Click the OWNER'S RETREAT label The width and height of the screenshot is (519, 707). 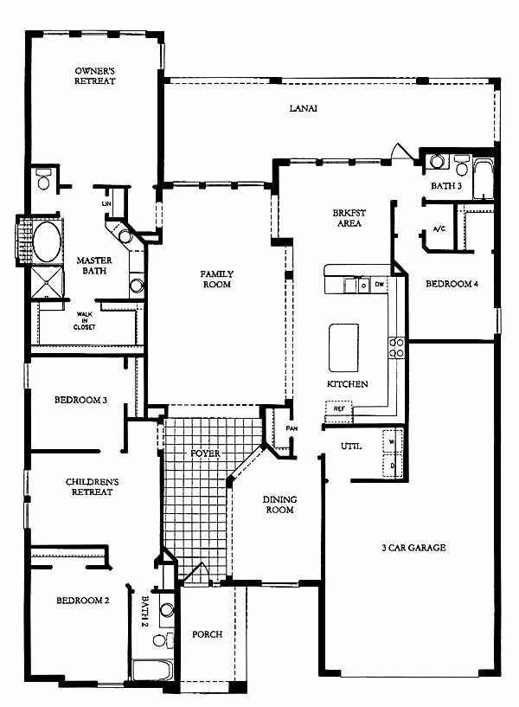pos(94,76)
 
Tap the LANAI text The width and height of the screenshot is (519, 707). pos(304,108)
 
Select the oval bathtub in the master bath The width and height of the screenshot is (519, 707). pos(47,241)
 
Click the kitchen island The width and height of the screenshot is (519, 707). pos(343,348)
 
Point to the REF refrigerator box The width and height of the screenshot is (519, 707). pos(339,408)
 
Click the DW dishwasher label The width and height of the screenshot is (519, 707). pos(380,284)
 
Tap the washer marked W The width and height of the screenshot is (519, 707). pos(392,441)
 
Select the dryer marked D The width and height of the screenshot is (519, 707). pos(392,466)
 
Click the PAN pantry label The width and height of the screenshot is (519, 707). pos(292,428)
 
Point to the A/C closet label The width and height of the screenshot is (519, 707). pos(439,228)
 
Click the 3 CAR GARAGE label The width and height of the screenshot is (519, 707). pos(413,548)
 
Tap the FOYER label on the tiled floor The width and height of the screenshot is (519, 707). pos(206,453)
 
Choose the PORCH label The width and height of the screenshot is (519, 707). pos(208,634)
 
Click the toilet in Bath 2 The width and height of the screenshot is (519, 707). pos(162,640)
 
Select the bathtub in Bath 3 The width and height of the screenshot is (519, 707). pos(483,179)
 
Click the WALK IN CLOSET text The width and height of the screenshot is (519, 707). pos(85,320)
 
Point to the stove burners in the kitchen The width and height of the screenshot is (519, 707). pos(396,348)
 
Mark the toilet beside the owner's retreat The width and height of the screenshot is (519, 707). pos(44,178)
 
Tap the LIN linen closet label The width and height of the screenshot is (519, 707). pos(106,204)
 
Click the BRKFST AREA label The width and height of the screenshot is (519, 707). pos(349,218)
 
